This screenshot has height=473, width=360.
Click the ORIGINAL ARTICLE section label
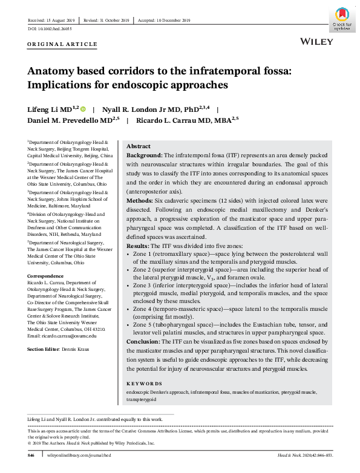pos(62,45)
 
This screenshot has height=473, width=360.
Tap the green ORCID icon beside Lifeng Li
pos(83,109)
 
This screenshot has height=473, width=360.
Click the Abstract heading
pos(139,147)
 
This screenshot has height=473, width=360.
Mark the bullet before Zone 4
pos(128,308)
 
